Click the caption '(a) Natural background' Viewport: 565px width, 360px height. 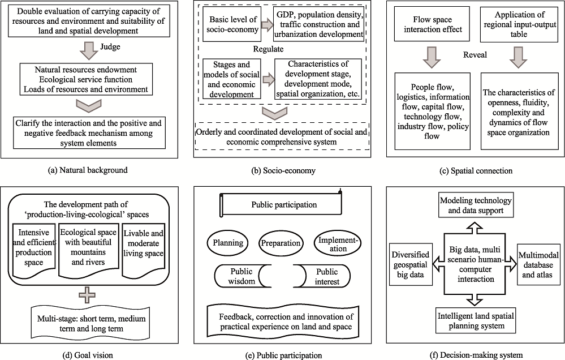(88, 170)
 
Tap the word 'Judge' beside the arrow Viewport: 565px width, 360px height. (110, 47)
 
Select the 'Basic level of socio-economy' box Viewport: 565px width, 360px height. (232, 24)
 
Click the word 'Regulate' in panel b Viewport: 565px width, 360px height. (268, 49)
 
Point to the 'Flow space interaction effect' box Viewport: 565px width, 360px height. (433, 24)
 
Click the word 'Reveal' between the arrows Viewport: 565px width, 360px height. (475, 55)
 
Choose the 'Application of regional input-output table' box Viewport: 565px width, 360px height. (519, 24)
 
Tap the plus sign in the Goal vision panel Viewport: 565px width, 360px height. (87, 295)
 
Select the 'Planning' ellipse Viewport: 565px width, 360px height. (228, 243)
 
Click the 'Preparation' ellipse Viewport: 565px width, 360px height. (281, 243)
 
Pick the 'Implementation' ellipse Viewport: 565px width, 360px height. (338, 244)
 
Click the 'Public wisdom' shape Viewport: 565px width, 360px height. (243, 276)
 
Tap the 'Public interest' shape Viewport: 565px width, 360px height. (322, 276)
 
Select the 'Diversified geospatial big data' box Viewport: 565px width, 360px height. (411, 264)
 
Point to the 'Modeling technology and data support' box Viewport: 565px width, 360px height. (476, 205)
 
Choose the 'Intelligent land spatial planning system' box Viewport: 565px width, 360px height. (476, 321)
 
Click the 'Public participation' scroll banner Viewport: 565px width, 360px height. (281, 204)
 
